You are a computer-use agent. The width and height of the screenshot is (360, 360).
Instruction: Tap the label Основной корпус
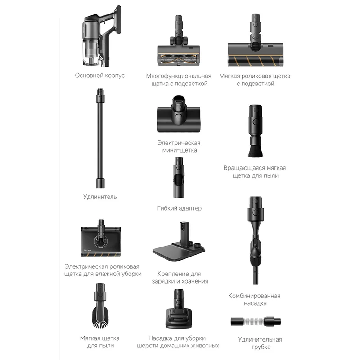[100, 76]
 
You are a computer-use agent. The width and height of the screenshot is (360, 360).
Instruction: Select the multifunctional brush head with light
[179, 42]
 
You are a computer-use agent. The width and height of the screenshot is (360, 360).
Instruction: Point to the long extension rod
[100, 138]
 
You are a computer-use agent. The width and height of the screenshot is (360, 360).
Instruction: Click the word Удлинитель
[100, 197]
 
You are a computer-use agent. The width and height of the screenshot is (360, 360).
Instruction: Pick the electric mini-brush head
[179, 114]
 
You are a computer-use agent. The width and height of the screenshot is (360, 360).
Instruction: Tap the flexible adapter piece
[179, 177]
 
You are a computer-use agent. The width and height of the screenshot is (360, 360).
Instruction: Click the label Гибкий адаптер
[179, 208]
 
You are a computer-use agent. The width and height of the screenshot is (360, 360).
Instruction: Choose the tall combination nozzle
[256, 240]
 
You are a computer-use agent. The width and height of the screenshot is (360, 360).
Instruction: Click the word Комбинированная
[254, 296]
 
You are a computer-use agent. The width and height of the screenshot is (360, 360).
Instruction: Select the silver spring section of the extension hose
[253, 321]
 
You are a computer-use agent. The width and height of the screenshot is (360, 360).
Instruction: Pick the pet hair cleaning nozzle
[179, 309]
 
